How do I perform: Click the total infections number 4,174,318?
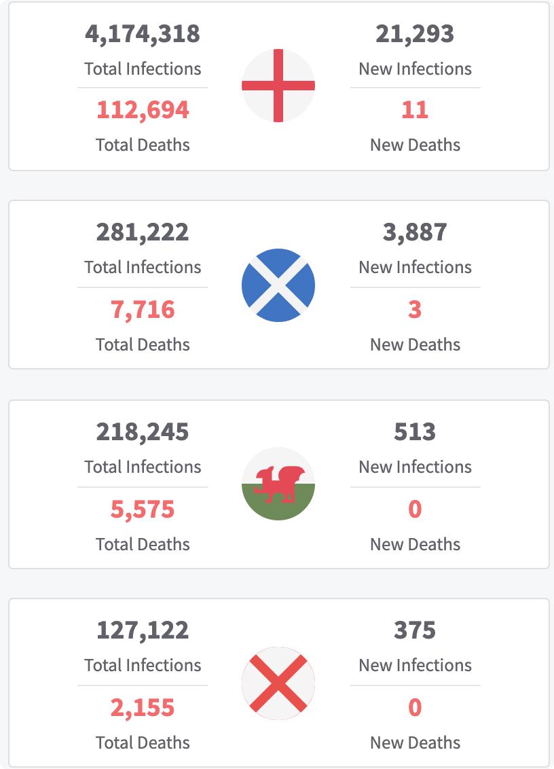[143, 34]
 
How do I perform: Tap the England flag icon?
[278, 86]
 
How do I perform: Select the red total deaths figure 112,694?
[143, 110]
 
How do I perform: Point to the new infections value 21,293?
[415, 34]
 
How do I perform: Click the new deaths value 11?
[415, 110]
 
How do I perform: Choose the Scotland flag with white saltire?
[278, 285]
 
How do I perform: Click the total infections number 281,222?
[143, 232]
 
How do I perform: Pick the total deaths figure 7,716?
[143, 310]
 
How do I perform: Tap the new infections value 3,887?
[415, 232]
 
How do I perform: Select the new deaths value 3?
[415, 310]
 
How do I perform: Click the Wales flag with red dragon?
[278, 484]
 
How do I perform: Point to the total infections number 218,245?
[143, 432]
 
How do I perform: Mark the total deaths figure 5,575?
[143, 509]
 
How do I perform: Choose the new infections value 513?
[415, 432]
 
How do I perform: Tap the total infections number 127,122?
[143, 630]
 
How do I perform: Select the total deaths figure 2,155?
[143, 708]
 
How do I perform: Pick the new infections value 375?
[415, 630]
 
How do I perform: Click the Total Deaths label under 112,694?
[143, 145]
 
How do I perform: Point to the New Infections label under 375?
[415, 665]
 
